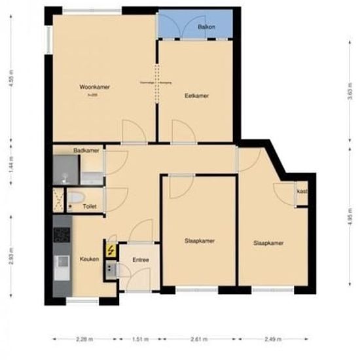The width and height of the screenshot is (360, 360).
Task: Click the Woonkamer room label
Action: [x=94, y=87]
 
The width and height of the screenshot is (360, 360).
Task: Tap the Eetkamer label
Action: [x=196, y=96]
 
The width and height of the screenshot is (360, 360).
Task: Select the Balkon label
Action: [x=207, y=27]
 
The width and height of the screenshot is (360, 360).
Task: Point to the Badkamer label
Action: [x=86, y=151]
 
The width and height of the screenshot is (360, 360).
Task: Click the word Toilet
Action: [x=90, y=206]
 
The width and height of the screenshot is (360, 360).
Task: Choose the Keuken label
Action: [x=89, y=259]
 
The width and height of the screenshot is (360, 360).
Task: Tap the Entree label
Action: [x=141, y=260]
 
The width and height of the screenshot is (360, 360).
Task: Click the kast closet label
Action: [x=302, y=191]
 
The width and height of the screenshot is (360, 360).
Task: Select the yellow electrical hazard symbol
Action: [x=111, y=249]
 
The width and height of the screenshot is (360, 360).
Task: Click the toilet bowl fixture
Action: [x=75, y=198]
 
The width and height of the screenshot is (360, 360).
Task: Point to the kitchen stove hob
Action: [x=62, y=235]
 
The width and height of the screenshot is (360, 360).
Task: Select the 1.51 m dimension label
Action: [x=138, y=340]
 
